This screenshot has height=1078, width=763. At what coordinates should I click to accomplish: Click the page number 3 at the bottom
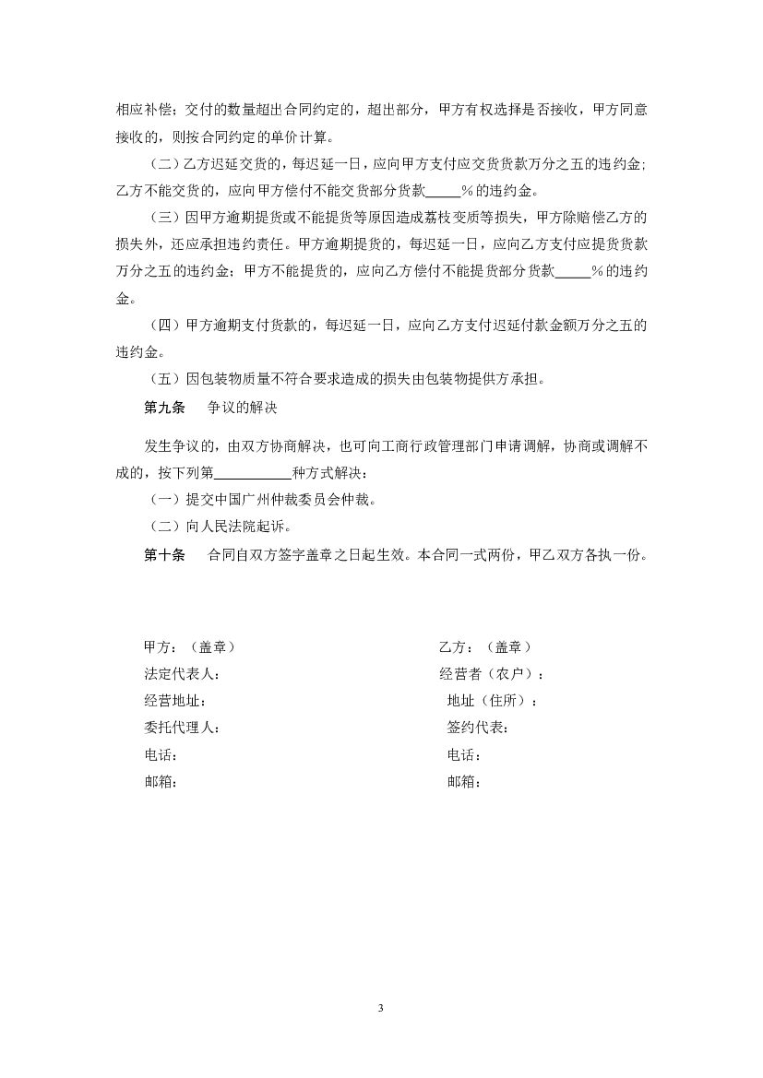pos(380,1007)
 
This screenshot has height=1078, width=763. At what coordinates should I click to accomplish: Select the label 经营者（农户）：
pos(492,674)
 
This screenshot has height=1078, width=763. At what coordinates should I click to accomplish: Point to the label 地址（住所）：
pos(493,701)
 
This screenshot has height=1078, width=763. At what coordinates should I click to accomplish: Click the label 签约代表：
pos(478,728)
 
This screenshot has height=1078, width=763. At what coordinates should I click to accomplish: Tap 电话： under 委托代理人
pos(161,755)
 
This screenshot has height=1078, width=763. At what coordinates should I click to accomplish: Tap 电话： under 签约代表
pos(464,755)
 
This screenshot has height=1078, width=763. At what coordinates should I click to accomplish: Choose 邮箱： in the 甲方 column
pos(161,782)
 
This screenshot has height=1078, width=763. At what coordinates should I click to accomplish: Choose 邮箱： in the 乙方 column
pos(464,782)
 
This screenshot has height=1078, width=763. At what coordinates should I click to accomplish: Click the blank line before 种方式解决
pos(252,474)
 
